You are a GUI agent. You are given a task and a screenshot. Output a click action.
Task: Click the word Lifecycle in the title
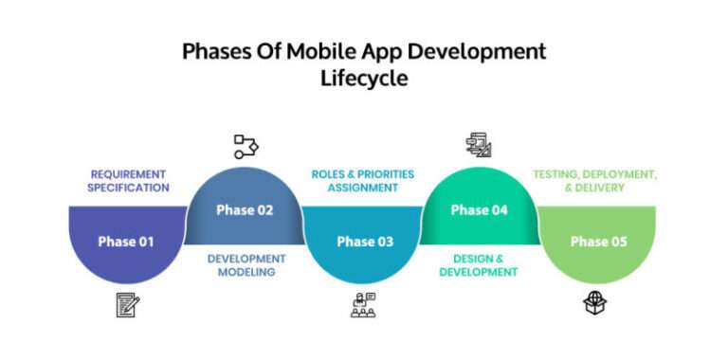[364, 79]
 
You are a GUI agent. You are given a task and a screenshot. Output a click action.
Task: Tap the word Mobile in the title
[312, 52]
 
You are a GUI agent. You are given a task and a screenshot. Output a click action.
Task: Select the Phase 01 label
[125, 242]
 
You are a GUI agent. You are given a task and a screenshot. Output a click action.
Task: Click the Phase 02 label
[244, 209]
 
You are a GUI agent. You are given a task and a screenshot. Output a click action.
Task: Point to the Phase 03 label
[364, 242]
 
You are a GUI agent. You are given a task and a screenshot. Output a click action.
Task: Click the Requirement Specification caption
[129, 181]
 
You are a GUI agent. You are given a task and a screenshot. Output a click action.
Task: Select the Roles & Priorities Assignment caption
[363, 181]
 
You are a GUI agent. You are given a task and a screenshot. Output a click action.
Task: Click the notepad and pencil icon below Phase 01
[127, 304]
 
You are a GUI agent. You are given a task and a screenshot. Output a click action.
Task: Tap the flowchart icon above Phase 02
[246, 146]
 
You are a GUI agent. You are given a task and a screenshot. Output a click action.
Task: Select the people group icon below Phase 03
[363, 304]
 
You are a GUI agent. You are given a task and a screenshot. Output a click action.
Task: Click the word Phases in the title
[215, 52]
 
